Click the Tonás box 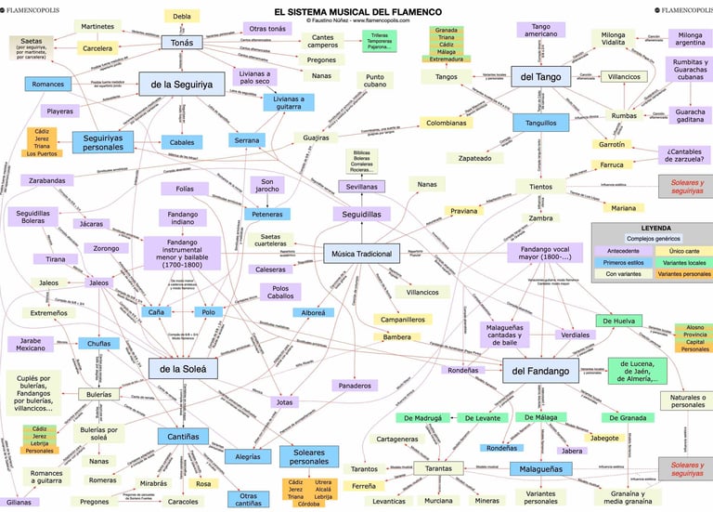pos(181,42)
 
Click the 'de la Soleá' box pos(183,368)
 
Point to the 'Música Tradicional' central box pos(361,254)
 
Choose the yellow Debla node pos(182,16)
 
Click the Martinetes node pos(97,26)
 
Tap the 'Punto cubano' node pos(375,82)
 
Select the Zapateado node pos(474,159)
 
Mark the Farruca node pos(611,165)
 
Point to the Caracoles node pos(183,501)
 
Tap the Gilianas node pos(19,502)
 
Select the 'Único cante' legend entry pos(684,251)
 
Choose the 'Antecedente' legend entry pos(622,251)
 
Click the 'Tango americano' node pos(542,30)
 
